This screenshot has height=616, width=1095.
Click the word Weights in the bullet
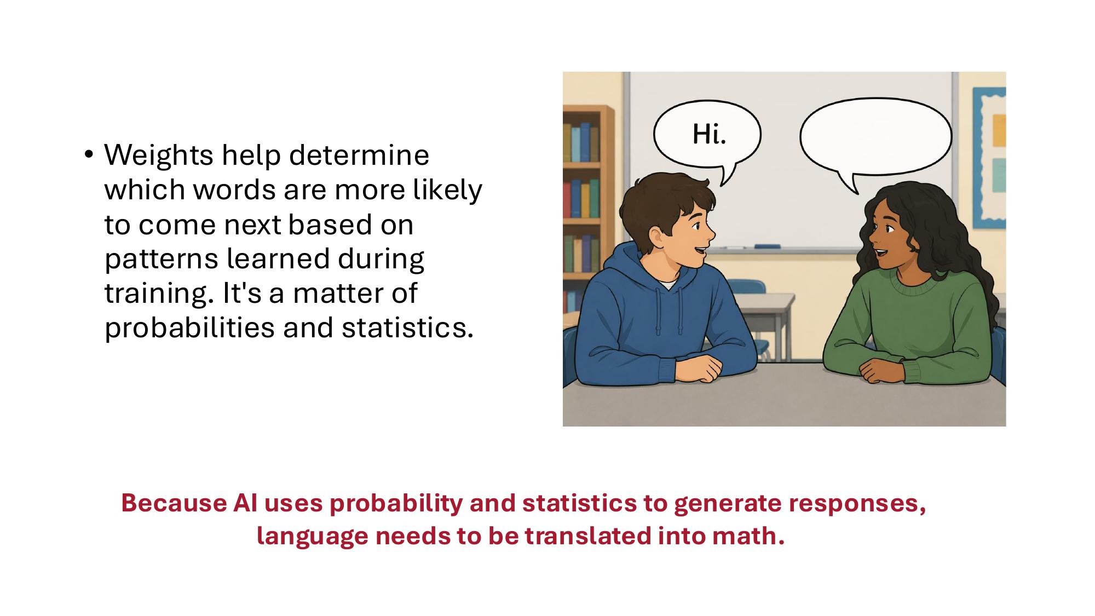158,156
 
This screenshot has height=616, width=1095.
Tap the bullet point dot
89,154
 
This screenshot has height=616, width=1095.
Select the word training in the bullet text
155,294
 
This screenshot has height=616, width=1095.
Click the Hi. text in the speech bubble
709,134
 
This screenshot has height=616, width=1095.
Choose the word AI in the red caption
245,503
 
